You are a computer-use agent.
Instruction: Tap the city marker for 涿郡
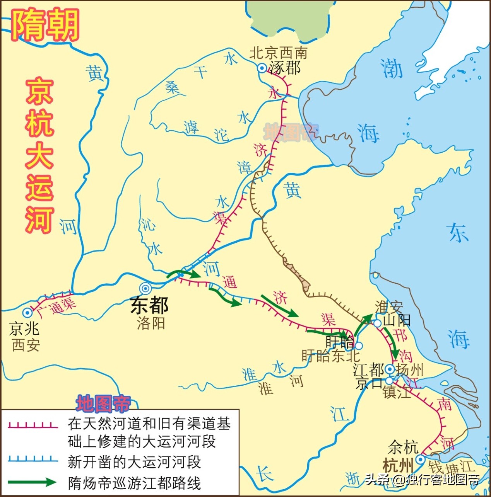[262, 68]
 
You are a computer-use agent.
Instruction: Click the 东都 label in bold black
[149, 305]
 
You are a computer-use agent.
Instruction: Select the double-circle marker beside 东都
[145, 288]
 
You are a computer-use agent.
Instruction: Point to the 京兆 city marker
[27, 313]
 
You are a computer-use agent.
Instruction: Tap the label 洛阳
[151, 323]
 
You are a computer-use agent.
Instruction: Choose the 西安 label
[26, 345]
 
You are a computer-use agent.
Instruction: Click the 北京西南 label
[278, 53]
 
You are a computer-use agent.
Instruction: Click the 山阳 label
[397, 320]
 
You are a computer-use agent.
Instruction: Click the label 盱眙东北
[330, 356]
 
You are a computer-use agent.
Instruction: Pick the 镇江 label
[396, 393]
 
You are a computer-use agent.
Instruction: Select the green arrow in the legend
[33, 482]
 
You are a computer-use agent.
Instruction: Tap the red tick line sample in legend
[33, 426]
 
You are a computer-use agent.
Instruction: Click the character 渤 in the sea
[391, 68]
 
